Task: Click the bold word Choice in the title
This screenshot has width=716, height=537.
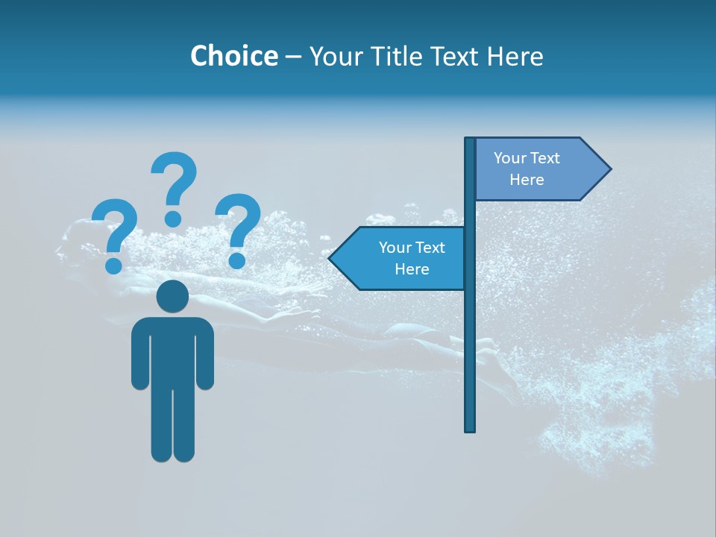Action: [233, 56]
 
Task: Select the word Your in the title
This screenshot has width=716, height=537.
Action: [336, 56]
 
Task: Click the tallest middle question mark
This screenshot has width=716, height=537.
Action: [174, 186]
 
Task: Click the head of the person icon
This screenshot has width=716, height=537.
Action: [172, 296]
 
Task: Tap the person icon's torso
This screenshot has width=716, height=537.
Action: [172, 351]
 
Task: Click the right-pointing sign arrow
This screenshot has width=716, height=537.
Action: [537, 169]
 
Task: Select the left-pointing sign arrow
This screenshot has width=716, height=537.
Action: [403, 258]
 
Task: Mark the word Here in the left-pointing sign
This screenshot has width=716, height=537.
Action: [412, 269]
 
